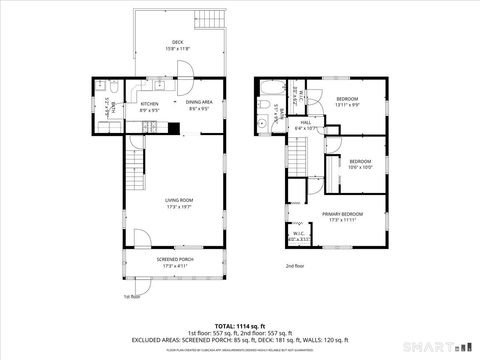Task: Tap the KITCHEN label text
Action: (x=149, y=103)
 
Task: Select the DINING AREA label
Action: (x=198, y=102)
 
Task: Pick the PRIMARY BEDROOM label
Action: (x=342, y=214)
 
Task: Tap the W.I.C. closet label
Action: (x=298, y=235)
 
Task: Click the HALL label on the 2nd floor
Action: (x=305, y=123)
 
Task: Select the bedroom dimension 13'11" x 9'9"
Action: (x=347, y=105)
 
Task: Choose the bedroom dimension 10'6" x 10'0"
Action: (x=360, y=167)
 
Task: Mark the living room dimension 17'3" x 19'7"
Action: (x=179, y=207)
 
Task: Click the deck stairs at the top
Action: (x=208, y=23)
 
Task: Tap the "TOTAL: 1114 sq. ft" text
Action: (x=239, y=325)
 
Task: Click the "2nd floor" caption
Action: (x=296, y=267)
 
